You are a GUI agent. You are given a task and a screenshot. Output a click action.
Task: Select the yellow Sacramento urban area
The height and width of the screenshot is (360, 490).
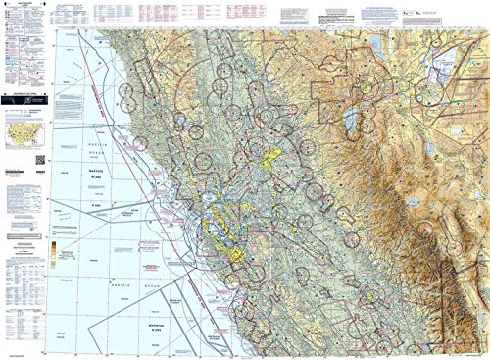click(266, 154)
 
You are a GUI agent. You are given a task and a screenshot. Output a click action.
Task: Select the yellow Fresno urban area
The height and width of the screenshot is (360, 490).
click(370, 292)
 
